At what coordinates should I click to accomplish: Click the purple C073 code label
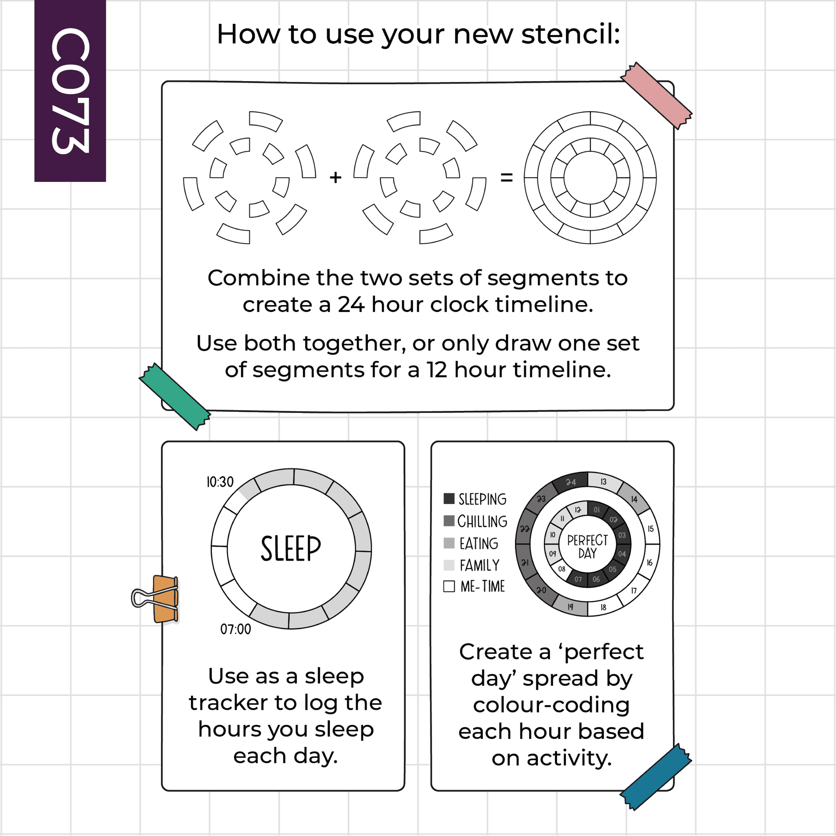[70, 90]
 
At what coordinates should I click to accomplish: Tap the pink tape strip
[656, 96]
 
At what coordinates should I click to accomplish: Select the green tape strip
[175, 397]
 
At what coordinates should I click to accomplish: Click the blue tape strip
[655, 777]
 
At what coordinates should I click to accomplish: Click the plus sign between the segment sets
[335, 177]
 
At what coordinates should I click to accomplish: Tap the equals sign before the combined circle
[507, 177]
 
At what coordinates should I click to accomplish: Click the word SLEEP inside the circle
[291, 548]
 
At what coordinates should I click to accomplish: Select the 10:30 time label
[220, 482]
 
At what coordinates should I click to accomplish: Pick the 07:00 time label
[235, 629]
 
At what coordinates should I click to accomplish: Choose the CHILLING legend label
[482, 521]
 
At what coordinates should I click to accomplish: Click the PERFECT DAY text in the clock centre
[587, 546]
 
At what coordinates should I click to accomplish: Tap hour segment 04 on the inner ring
[622, 553]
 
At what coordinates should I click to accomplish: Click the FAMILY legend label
[479, 565]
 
